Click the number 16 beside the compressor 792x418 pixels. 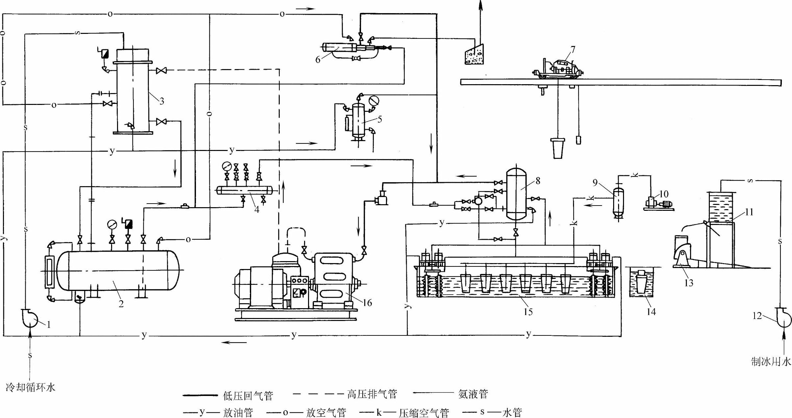pyautogui.click(x=367, y=303)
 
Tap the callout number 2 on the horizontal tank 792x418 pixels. pyautogui.click(x=121, y=304)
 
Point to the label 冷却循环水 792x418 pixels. pyautogui.click(x=31, y=387)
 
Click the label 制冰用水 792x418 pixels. pyautogui.click(x=771, y=362)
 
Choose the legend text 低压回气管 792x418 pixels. pyautogui.click(x=248, y=396)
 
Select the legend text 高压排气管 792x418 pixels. pyautogui.click(x=372, y=394)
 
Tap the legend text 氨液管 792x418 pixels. pyautogui.click(x=473, y=394)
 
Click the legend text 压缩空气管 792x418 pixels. pyautogui.click(x=424, y=413)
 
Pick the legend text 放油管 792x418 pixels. pyautogui.click(x=238, y=412)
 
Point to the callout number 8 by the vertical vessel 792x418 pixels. pyautogui.click(x=538, y=181)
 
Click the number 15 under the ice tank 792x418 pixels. pyautogui.click(x=528, y=312)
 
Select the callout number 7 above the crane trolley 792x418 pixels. pyautogui.click(x=573, y=49)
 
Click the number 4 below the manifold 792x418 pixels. pyautogui.click(x=256, y=209)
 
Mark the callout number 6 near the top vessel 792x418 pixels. pyautogui.click(x=318, y=60)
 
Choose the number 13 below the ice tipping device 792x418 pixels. pyautogui.click(x=688, y=283)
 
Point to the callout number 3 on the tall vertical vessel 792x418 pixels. pyautogui.click(x=161, y=101)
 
